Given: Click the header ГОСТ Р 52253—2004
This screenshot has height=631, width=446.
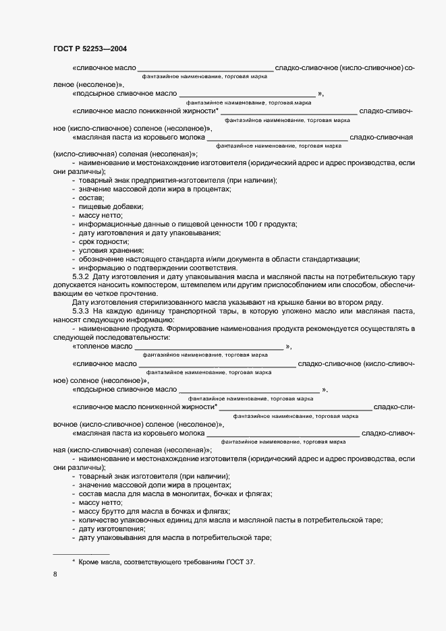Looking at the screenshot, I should click(90, 49).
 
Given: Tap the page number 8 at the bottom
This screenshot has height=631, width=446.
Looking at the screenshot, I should click(55, 574).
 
